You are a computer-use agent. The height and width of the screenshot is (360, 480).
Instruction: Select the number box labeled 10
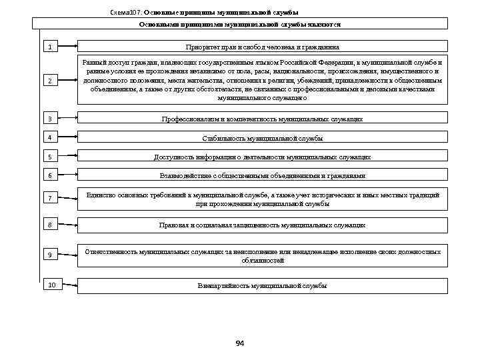click(x=51, y=285)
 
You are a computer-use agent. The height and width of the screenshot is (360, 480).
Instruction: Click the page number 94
click(x=240, y=343)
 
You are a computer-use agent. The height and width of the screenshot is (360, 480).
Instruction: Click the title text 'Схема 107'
click(x=125, y=12)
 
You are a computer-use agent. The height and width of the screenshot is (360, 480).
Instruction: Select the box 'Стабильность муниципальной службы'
click(x=262, y=138)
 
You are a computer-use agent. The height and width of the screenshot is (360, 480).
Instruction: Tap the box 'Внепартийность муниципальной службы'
click(x=262, y=285)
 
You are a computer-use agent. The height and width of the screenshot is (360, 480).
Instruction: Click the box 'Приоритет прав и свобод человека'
click(x=262, y=47)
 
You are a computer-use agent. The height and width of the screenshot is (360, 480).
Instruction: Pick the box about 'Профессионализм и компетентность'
click(x=262, y=119)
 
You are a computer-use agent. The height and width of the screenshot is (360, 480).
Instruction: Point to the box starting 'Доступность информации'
click(x=262, y=157)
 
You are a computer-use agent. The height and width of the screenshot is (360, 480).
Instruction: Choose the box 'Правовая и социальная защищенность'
click(x=262, y=225)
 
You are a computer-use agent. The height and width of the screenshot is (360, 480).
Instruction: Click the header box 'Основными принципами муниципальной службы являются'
click(x=240, y=24)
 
